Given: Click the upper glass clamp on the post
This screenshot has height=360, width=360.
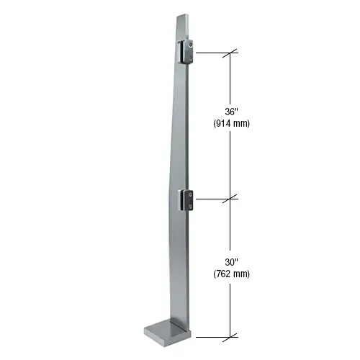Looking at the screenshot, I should (185, 53).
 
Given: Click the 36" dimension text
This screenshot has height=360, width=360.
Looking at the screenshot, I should (231, 111).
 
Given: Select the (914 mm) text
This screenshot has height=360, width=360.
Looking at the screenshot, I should (231, 123).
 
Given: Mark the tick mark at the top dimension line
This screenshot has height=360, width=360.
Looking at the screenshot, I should (231, 53).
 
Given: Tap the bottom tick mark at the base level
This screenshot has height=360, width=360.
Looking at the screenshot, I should (231, 336).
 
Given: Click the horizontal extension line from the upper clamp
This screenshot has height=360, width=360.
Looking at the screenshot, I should (212, 53).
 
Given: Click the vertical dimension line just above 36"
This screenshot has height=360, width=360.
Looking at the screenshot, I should (231, 83).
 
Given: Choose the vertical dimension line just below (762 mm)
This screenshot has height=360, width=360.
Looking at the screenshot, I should (231, 306).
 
